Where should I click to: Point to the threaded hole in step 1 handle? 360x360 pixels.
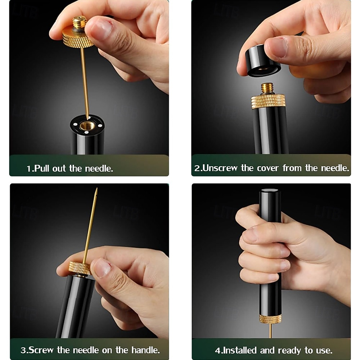(87, 126)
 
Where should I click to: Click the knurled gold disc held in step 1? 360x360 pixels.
(77, 39)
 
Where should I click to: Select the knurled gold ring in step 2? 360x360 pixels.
(268, 101)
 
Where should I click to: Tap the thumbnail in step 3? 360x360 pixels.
(103, 267)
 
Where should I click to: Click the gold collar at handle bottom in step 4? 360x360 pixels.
(270, 319)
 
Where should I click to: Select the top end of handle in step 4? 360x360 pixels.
(269, 191)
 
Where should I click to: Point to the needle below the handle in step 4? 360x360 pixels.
(270, 332)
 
